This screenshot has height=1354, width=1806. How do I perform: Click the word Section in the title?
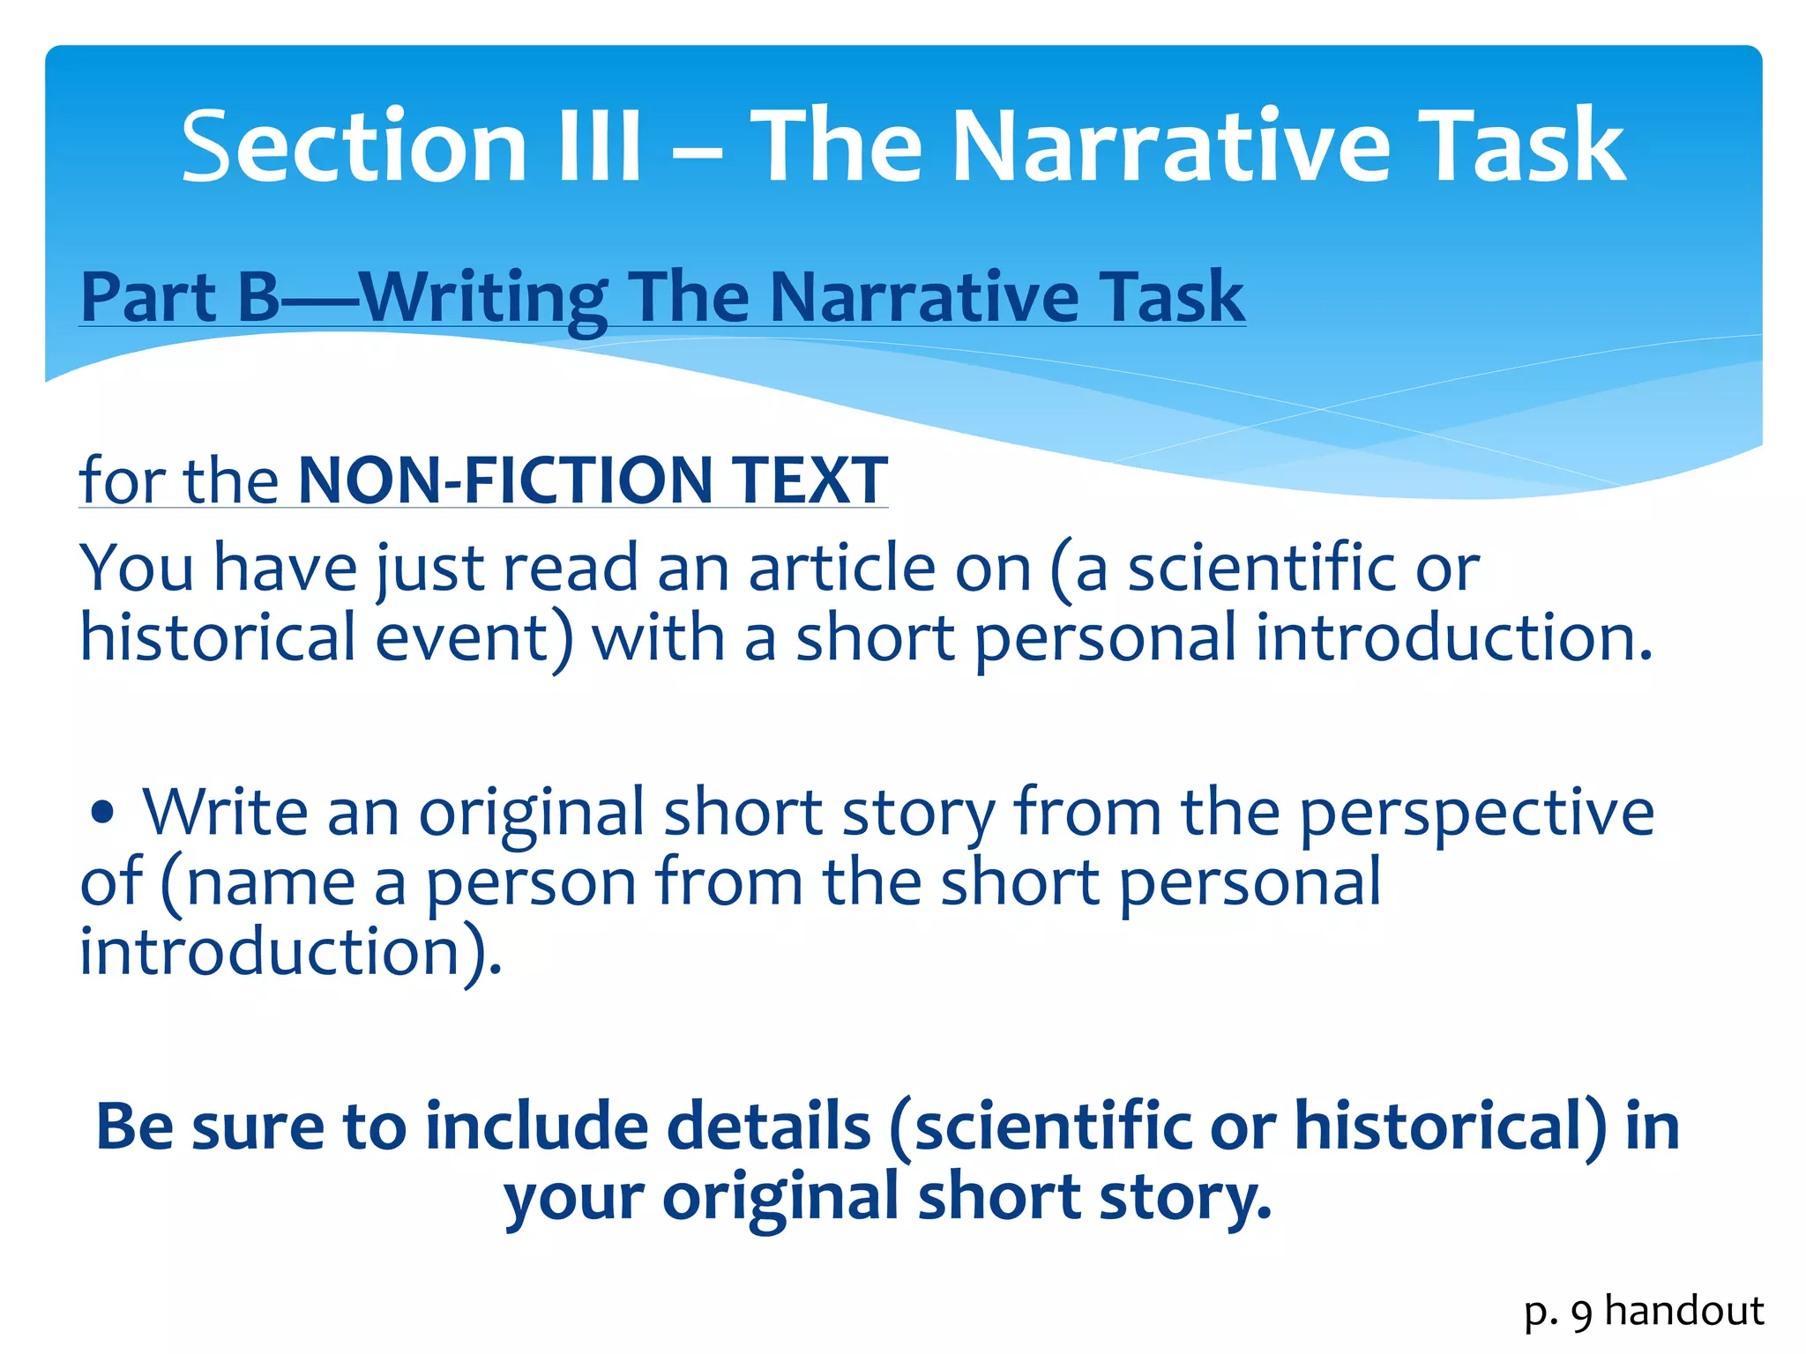pos(353,145)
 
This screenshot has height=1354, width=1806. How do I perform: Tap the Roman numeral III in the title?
pos(599,145)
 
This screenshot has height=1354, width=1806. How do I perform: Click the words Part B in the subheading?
pos(180,297)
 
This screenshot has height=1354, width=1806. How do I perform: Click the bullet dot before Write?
pos(103,812)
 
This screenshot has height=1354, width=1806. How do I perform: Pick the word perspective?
pos(1476,812)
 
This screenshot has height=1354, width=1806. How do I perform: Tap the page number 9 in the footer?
pos(1581,1313)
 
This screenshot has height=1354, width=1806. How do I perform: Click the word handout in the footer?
pos(1684,1311)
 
